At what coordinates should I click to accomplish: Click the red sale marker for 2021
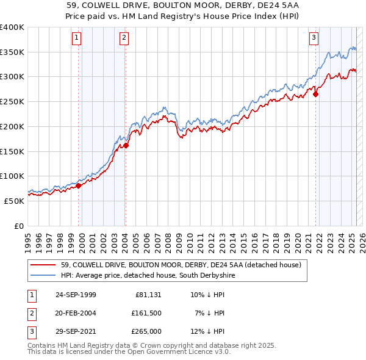tap(316, 94)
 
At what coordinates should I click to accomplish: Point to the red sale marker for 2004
tap(126, 145)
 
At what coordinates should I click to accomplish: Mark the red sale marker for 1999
tap(79, 185)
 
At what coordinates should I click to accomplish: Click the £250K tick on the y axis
tap(12, 102)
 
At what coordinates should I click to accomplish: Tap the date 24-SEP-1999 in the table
tap(76, 295)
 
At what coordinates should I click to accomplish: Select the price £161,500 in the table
tap(146, 313)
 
